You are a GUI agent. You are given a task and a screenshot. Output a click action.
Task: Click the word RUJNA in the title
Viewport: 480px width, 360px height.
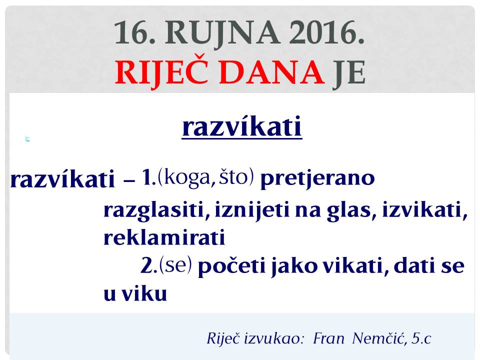pyautogui.click(x=222, y=33)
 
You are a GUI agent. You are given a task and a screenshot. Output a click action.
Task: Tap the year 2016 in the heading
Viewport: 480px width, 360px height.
pyautogui.click(x=326, y=32)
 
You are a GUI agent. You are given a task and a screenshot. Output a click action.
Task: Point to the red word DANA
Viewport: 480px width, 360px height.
pyautogui.click(x=272, y=72)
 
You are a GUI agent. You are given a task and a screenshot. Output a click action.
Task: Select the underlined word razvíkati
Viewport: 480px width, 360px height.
pyautogui.click(x=242, y=126)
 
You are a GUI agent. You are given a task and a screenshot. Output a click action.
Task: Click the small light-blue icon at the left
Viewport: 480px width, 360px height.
pyautogui.click(x=27, y=139)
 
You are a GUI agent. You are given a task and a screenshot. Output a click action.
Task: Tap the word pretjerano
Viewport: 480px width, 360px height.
pyautogui.click(x=317, y=178)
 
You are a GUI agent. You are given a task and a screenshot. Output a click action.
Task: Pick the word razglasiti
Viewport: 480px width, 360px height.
pyautogui.click(x=153, y=211)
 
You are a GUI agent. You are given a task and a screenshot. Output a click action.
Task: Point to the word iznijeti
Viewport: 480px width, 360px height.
pyautogui.click(x=252, y=210)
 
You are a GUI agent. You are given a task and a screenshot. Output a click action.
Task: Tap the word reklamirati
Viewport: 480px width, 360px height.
pyautogui.click(x=164, y=237)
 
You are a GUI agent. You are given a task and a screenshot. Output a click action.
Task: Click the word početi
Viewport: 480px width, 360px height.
pyautogui.click(x=231, y=266)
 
